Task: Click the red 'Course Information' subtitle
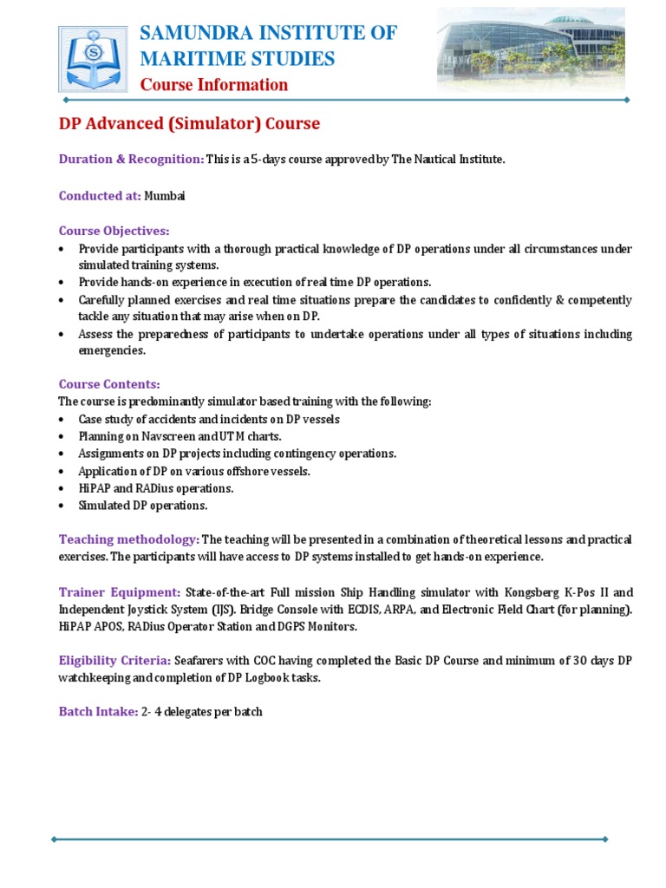click(x=214, y=85)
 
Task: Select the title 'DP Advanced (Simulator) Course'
click(x=189, y=124)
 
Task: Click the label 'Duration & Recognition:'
click(x=131, y=160)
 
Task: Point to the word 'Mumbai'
click(x=164, y=196)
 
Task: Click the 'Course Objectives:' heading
click(x=114, y=232)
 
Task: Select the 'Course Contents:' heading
click(x=109, y=384)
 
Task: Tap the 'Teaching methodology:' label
click(x=129, y=539)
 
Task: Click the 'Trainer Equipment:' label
click(x=120, y=592)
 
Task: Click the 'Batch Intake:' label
click(x=98, y=712)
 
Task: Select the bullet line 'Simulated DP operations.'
click(x=143, y=506)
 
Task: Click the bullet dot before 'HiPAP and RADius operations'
click(x=62, y=489)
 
